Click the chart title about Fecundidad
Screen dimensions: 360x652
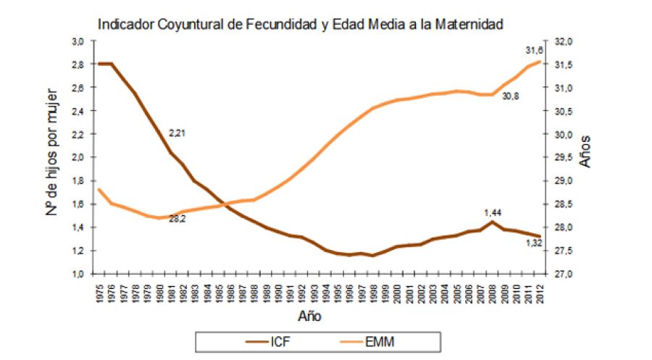(x=300, y=24)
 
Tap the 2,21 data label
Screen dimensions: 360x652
(x=178, y=133)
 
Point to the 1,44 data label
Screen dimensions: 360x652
(x=493, y=212)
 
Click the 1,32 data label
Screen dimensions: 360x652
(x=535, y=244)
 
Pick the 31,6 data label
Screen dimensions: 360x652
(x=535, y=50)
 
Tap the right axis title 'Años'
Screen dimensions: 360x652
(x=586, y=151)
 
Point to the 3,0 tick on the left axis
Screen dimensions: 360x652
(x=77, y=41)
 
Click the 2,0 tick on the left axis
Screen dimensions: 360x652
(x=77, y=157)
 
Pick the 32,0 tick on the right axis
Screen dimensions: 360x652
(x=564, y=41)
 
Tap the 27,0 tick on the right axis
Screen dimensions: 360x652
(x=564, y=274)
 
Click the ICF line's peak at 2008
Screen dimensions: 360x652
(x=493, y=222)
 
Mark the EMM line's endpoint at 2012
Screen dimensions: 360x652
(x=540, y=61)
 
